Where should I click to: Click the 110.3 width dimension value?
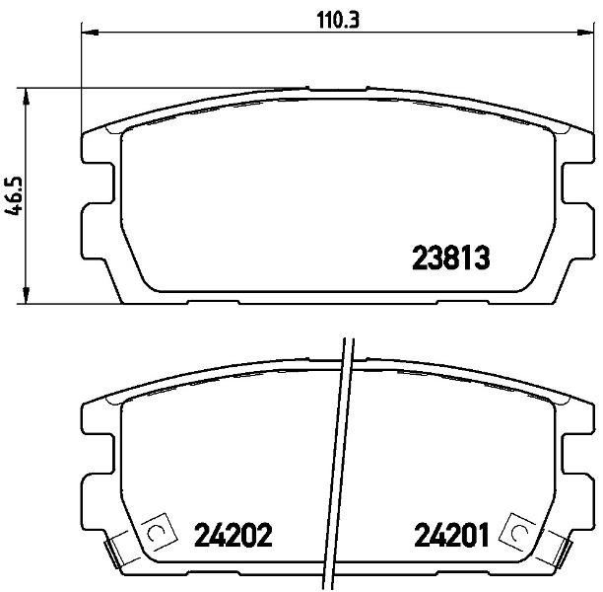tap(338, 20)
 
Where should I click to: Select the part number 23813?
tap(451, 259)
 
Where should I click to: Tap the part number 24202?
tap(234, 535)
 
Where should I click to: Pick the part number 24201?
tap(450, 535)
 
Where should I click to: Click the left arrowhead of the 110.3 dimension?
tap(90, 33)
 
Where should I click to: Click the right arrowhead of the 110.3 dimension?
tap(585, 33)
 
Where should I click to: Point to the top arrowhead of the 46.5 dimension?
tap(26, 97)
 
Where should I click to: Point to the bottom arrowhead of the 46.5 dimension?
tap(26, 295)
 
